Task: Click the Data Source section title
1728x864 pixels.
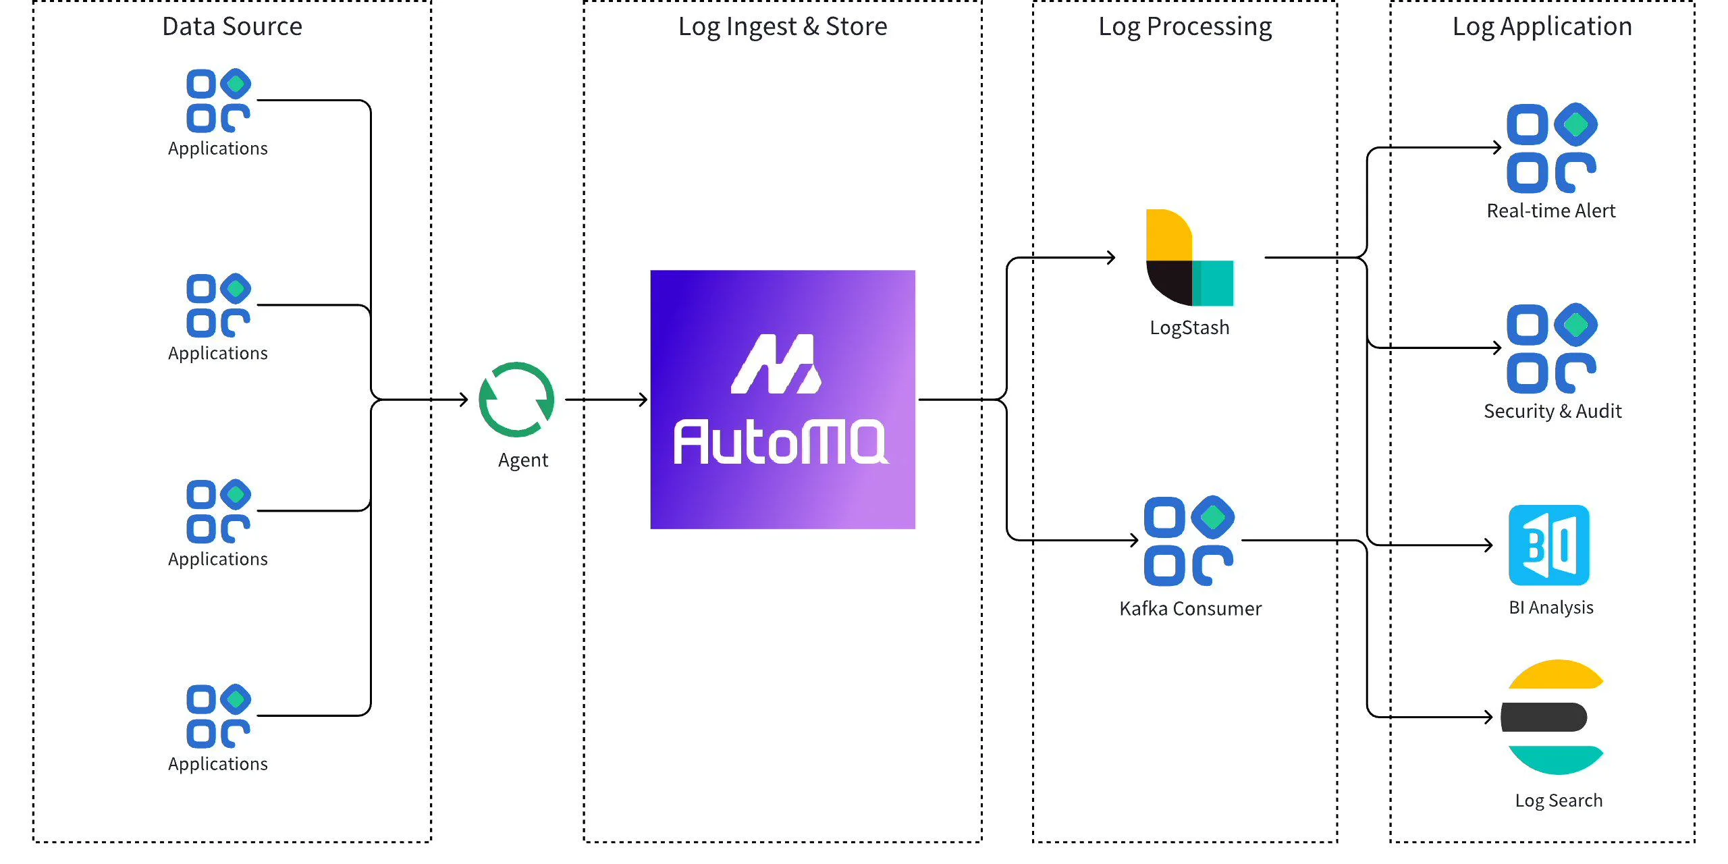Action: pos(232,27)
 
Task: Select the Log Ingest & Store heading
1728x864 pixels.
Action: pos(782,27)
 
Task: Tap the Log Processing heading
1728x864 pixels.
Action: pos(1185,27)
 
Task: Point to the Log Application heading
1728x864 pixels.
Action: pos(1542,27)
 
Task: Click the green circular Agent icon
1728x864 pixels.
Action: pos(516,400)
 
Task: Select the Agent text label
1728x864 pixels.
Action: pos(523,460)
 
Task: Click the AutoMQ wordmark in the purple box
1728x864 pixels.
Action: pos(781,443)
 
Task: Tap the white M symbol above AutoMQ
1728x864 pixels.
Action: pos(776,364)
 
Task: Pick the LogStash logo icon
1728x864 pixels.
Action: pos(1189,258)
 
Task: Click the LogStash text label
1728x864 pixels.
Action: pos(1189,328)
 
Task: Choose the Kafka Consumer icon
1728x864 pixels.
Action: pos(1189,541)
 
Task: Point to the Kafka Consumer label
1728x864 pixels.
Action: pos(1190,609)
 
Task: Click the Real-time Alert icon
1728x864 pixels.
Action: pos(1551,148)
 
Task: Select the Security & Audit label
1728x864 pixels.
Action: pos(1552,411)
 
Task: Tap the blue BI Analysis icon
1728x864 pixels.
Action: pos(1549,545)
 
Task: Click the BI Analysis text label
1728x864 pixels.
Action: pos(1550,607)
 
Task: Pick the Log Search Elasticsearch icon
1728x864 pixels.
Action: pos(1552,717)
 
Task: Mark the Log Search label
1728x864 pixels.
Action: pos(1558,801)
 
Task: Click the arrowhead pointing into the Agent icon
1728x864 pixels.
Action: pos(464,400)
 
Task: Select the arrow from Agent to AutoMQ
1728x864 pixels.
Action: pos(606,400)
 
